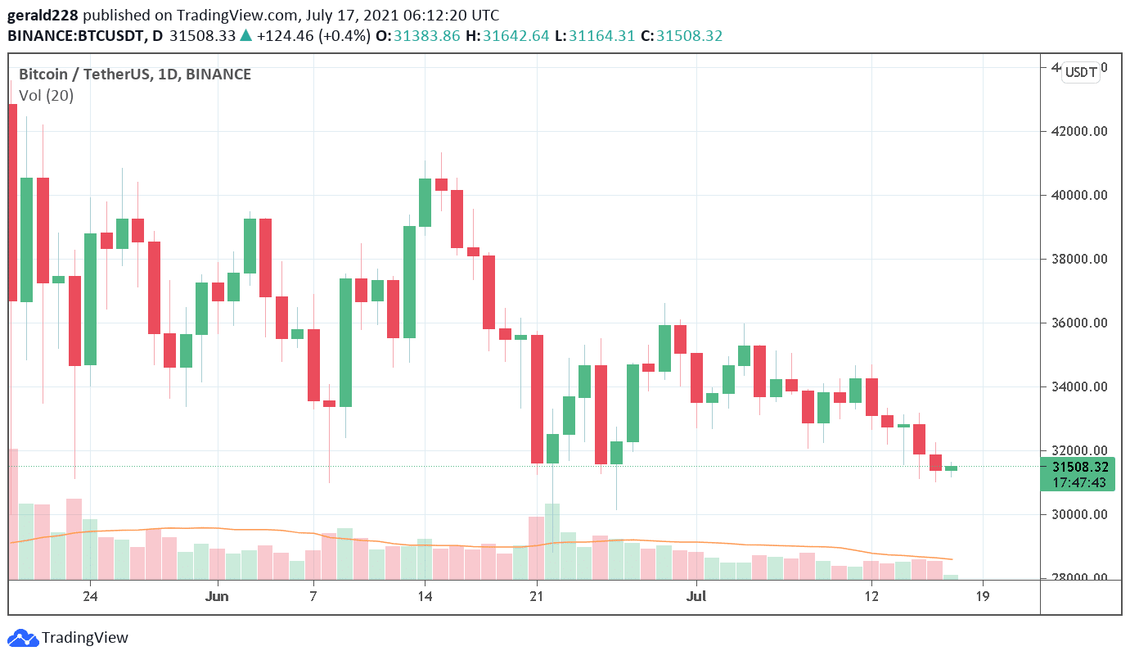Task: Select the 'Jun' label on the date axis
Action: [217, 596]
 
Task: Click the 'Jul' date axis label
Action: [696, 596]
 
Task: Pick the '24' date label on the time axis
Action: [90, 596]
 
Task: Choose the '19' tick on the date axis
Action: [983, 596]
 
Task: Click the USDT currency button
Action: [1080, 73]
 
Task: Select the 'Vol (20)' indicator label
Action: [47, 96]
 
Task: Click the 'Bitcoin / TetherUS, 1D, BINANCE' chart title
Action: [135, 75]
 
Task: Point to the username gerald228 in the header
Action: [43, 16]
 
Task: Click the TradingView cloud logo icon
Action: [22, 637]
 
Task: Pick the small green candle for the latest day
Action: [951, 468]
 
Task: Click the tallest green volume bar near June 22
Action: [552, 540]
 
